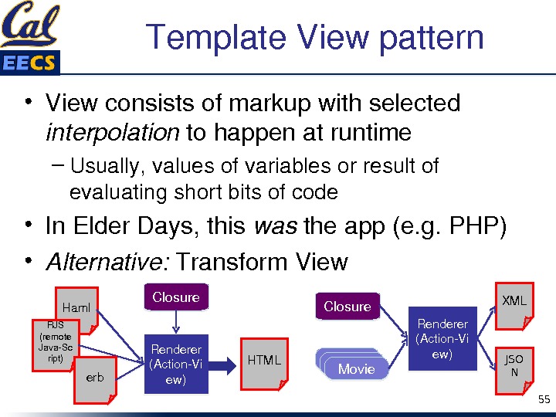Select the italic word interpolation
(113, 133)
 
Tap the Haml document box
(76, 310)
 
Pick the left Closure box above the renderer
(176, 297)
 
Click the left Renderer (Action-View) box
(176, 364)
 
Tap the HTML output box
(264, 361)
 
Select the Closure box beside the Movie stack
(347, 307)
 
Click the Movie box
(355, 368)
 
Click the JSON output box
(514, 366)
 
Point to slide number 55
(544, 399)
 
